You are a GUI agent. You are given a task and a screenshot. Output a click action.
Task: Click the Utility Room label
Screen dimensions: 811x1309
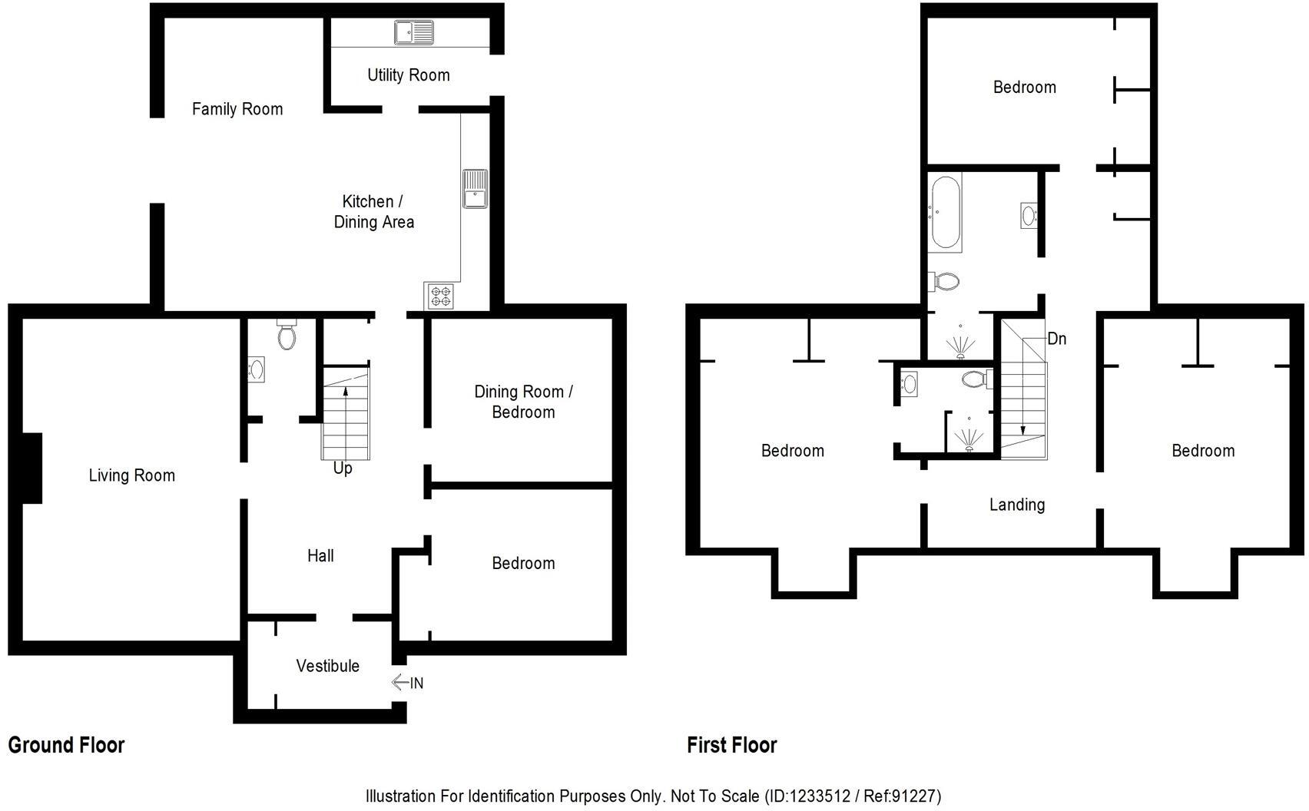tap(408, 75)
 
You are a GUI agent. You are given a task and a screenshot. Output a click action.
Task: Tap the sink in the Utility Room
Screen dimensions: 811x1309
tap(414, 32)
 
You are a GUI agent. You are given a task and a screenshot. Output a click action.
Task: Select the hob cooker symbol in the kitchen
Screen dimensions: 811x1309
tap(440, 296)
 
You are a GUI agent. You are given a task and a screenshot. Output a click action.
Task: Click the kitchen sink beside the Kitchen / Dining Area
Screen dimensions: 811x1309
tap(475, 188)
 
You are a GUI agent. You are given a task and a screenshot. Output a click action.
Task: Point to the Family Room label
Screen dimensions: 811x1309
tap(237, 109)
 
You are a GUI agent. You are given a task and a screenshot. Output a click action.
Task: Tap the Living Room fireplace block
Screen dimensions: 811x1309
tap(31, 468)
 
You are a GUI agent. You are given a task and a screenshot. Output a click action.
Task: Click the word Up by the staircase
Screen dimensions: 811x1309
tap(343, 468)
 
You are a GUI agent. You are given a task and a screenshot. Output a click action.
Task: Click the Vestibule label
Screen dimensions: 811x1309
tap(328, 666)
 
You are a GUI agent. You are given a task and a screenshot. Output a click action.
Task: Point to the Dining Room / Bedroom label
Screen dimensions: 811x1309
tap(523, 402)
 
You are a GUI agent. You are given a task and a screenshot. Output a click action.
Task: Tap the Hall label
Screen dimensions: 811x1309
tap(320, 555)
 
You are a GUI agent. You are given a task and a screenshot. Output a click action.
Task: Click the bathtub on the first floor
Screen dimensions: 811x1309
tap(944, 213)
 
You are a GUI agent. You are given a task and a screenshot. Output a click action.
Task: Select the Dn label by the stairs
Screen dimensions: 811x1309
tap(1056, 339)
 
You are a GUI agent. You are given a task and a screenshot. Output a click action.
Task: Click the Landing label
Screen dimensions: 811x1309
tap(1016, 505)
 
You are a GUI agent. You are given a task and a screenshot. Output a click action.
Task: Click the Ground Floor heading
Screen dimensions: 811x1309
tap(66, 745)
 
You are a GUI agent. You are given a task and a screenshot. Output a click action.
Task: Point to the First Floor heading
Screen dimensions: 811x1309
tap(731, 745)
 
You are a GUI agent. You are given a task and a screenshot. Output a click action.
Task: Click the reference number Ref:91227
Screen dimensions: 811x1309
tap(900, 796)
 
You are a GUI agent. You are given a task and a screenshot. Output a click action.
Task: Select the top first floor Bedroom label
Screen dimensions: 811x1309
tap(1024, 87)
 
